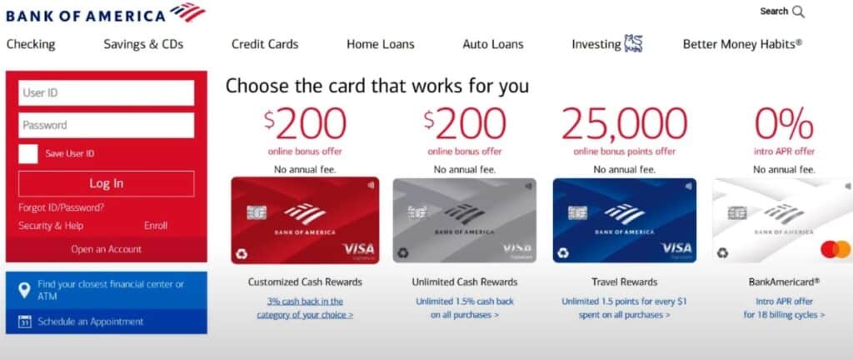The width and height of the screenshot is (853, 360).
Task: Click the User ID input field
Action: pyautogui.click(x=106, y=92)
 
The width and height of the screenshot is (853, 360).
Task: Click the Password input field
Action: pyautogui.click(x=106, y=125)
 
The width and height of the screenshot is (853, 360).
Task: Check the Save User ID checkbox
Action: pyautogui.click(x=28, y=154)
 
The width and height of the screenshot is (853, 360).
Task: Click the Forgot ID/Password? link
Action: pyautogui.click(x=61, y=207)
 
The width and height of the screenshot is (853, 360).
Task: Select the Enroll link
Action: pyautogui.click(x=156, y=226)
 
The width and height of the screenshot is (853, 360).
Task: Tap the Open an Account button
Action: pyautogui.click(x=106, y=249)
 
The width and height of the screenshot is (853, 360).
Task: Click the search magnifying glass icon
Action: pyautogui.click(x=798, y=12)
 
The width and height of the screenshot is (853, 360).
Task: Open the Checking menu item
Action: pyautogui.click(x=31, y=44)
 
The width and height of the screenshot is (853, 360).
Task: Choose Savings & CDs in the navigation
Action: pyautogui.click(x=143, y=44)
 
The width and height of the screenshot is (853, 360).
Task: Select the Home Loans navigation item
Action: pyautogui.click(x=380, y=44)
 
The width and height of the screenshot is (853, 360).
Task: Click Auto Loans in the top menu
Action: pyautogui.click(x=492, y=44)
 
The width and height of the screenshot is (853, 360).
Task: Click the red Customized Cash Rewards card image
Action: pyautogui.click(x=305, y=220)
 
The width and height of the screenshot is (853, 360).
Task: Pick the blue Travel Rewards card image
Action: pyautogui.click(x=624, y=220)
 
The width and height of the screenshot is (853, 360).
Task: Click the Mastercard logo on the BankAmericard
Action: pyautogui.click(x=835, y=249)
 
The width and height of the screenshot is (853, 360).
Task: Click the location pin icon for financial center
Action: pyautogui.click(x=24, y=290)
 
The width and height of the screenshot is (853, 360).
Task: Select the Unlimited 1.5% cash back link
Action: pyautogui.click(x=464, y=308)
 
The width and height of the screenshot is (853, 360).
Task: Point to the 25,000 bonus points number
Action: pyautogui.click(x=624, y=124)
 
